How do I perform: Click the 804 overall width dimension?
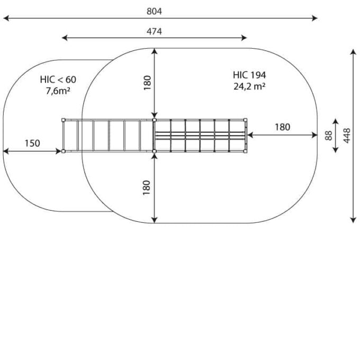(154, 11)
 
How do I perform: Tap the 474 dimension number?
(154, 31)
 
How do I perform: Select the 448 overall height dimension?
(347, 136)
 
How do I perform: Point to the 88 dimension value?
(329, 136)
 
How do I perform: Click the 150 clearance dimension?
(32, 143)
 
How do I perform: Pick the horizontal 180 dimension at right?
(283, 127)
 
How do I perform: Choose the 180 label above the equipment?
(147, 83)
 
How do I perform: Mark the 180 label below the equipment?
(147, 187)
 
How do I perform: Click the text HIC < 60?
(58, 79)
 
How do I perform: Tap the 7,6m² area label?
(58, 91)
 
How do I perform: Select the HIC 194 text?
(249, 75)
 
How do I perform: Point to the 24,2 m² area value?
(249, 86)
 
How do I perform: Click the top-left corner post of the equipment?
(64, 120)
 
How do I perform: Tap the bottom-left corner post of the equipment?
(64, 151)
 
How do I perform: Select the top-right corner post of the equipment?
(245, 120)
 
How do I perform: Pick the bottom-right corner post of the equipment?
(245, 151)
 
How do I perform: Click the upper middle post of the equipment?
(154, 120)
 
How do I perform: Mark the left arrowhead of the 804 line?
(6, 18)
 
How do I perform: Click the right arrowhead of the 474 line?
(244, 38)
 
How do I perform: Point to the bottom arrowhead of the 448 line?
(353, 220)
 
